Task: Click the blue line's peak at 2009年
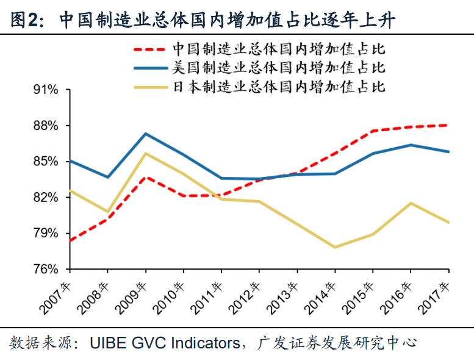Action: pos(145,134)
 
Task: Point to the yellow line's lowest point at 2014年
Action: pos(335,247)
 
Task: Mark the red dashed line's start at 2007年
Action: pos(70,240)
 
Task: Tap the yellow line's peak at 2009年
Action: pos(145,153)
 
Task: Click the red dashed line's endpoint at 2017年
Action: pos(449,125)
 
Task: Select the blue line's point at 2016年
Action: pos(411,145)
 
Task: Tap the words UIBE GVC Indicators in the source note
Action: pos(165,343)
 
